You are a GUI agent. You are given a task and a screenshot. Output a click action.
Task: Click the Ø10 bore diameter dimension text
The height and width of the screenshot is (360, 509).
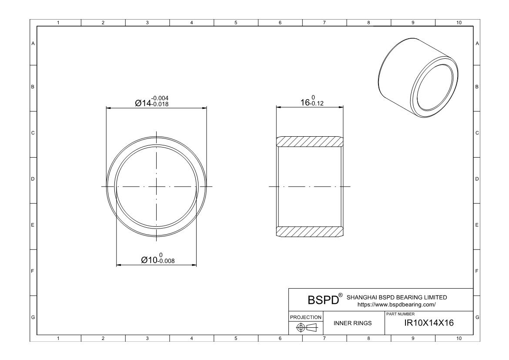(x=150, y=260)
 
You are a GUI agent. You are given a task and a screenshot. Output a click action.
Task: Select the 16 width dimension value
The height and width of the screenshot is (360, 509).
(x=305, y=103)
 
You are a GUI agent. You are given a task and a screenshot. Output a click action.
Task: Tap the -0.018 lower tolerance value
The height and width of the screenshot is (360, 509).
(x=160, y=105)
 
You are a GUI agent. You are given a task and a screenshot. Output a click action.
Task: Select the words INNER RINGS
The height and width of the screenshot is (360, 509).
(x=352, y=323)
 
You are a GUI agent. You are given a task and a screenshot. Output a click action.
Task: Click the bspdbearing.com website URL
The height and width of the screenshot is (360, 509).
(x=396, y=305)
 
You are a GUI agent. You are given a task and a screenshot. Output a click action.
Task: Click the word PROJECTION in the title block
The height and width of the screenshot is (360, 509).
(x=306, y=317)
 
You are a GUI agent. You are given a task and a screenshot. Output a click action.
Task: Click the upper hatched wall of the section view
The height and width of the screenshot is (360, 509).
(x=309, y=141)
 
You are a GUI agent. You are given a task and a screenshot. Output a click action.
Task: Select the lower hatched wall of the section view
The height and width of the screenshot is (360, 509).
(x=309, y=232)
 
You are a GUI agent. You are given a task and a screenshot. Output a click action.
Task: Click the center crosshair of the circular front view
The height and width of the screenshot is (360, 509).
(x=157, y=187)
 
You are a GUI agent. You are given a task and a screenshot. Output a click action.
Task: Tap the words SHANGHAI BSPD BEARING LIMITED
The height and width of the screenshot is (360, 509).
(x=396, y=297)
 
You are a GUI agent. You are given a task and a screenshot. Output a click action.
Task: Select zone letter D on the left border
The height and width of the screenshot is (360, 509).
(x=33, y=179)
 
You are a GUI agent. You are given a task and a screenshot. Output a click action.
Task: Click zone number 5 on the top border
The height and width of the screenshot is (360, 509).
(x=235, y=22)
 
